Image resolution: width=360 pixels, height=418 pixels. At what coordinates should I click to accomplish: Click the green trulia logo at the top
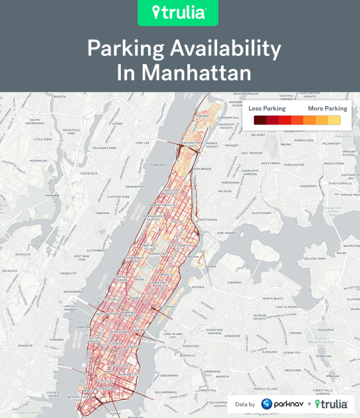click(180, 13)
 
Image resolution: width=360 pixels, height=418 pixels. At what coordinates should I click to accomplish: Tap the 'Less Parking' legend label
click(267, 109)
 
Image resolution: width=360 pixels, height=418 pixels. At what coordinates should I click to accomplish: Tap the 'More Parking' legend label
click(327, 109)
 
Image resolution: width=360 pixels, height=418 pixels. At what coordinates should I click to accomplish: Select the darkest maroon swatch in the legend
click(260, 120)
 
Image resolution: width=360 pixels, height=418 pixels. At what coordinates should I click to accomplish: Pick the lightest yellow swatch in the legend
click(335, 120)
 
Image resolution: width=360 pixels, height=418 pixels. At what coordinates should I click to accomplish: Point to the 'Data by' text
click(245, 404)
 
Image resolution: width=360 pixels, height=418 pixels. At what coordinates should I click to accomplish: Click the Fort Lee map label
click(142, 143)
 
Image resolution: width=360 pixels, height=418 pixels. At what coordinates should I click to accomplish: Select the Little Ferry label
click(43, 139)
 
